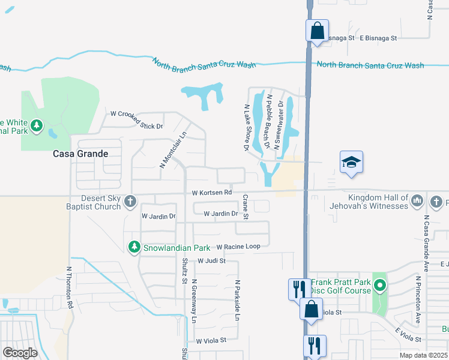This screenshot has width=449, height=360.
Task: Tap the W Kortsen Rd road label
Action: pyautogui.click(x=212, y=193)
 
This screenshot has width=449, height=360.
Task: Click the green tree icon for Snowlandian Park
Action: pyautogui.click(x=134, y=247)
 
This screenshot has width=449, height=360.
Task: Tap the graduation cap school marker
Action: pyautogui.click(x=352, y=161)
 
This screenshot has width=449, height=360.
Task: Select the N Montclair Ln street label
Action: pyautogui.click(x=170, y=149)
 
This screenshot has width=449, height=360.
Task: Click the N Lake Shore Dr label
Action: pyautogui.click(x=246, y=127)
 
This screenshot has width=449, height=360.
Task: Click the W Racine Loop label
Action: pyautogui.click(x=238, y=247)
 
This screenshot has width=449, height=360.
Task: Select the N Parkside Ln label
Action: pyautogui.click(x=237, y=299)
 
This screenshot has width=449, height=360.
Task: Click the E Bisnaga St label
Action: pyautogui.click(x=378, y=38)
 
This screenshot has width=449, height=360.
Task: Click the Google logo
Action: pyautogui.click(x=20, y=352)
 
